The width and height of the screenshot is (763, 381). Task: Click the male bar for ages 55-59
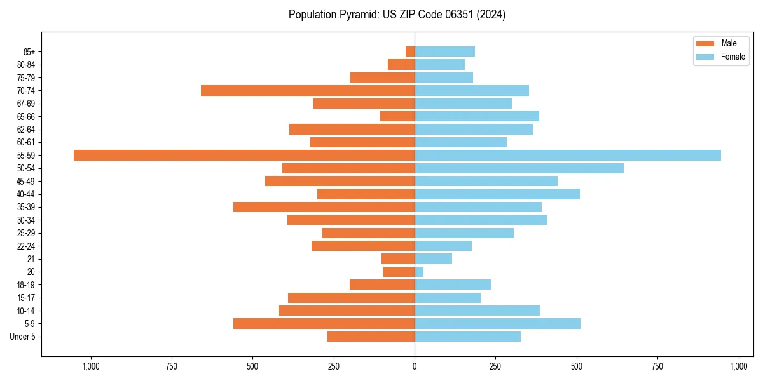pos(244,155)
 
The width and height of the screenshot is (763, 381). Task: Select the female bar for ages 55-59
pos(568,155)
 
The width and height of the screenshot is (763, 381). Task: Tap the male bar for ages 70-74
pos(308,90)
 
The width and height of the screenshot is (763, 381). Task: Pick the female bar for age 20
pos(419,272)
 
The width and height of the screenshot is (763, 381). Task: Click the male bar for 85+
pos(410,51)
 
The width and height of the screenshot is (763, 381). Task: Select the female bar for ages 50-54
pos(519,168)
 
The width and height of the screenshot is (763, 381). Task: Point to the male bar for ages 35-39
pos(324,207)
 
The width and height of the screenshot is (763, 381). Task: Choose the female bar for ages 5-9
pos(497,324)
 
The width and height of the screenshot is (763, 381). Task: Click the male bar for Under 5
pos(371,337)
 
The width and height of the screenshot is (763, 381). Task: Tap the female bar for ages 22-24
pos(443,246)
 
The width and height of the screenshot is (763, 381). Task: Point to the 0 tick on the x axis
pos(415,366)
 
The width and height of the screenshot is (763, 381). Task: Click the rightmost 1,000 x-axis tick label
pos(738,366)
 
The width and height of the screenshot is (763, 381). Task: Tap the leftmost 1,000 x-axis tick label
pos(91,366)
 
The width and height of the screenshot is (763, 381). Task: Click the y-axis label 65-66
pos(26,116)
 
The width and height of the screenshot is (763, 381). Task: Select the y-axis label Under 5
pos(22,337)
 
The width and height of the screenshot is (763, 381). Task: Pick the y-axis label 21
pos(31,259)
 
